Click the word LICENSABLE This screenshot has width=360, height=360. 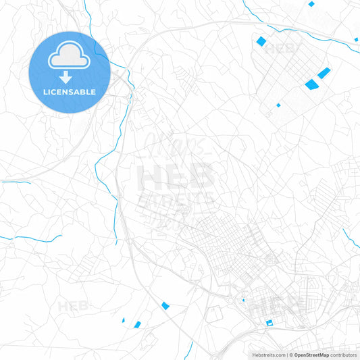coord(69,92)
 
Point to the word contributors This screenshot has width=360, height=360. coord(344,355)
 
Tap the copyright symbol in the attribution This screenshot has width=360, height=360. coord(291,355)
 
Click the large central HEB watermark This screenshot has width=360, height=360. coord(176,177)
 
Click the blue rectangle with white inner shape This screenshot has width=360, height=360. coord(269,323)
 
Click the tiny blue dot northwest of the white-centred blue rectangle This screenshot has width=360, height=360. coord(243,299)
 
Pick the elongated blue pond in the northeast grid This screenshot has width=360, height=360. coord(323,72)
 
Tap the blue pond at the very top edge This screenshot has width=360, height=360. coord(311,3)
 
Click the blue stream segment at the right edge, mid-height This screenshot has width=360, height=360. coord(350,236)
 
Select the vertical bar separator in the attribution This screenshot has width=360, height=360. coord(288,355)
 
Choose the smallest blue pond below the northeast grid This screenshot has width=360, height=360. coord(278,105)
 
